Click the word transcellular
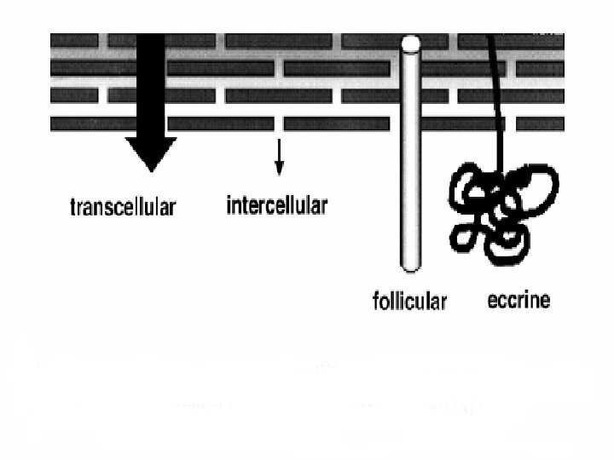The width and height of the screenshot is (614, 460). pyautogui.click(x=122, y=207)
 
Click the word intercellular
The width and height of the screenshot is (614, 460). pyautogui.click(x=276, y=205)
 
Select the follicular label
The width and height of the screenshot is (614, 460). pyautogui.click(x=409, y=301)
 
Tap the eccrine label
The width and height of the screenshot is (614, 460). pyautogui.click(x=518, y=300)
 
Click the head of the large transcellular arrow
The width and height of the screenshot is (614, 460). pyautogui.click(x=151, y=152)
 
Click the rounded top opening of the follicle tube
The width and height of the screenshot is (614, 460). pyautogui.click(x=411, y=42)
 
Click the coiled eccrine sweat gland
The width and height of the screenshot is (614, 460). pyautogui.click(x=504, y=209)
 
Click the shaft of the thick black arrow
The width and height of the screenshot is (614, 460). pyautogui.click(x=151, y=85)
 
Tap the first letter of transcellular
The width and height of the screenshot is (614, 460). pyautogui.click(x=72, y=207)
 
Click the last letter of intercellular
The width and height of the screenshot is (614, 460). pyautogui.click(x=323, y=205)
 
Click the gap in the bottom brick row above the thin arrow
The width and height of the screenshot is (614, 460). pyautogui.click(x=279, y=124)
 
